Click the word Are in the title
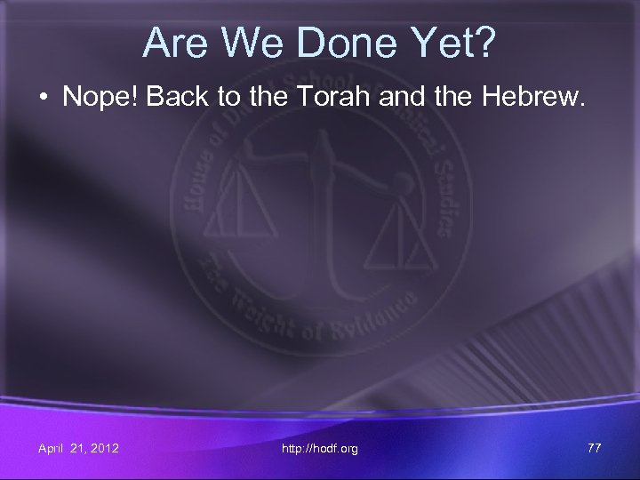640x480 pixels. pos(173,42)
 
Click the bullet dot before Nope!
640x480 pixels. pos(44,98)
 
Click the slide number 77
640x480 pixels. pos(594,448)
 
